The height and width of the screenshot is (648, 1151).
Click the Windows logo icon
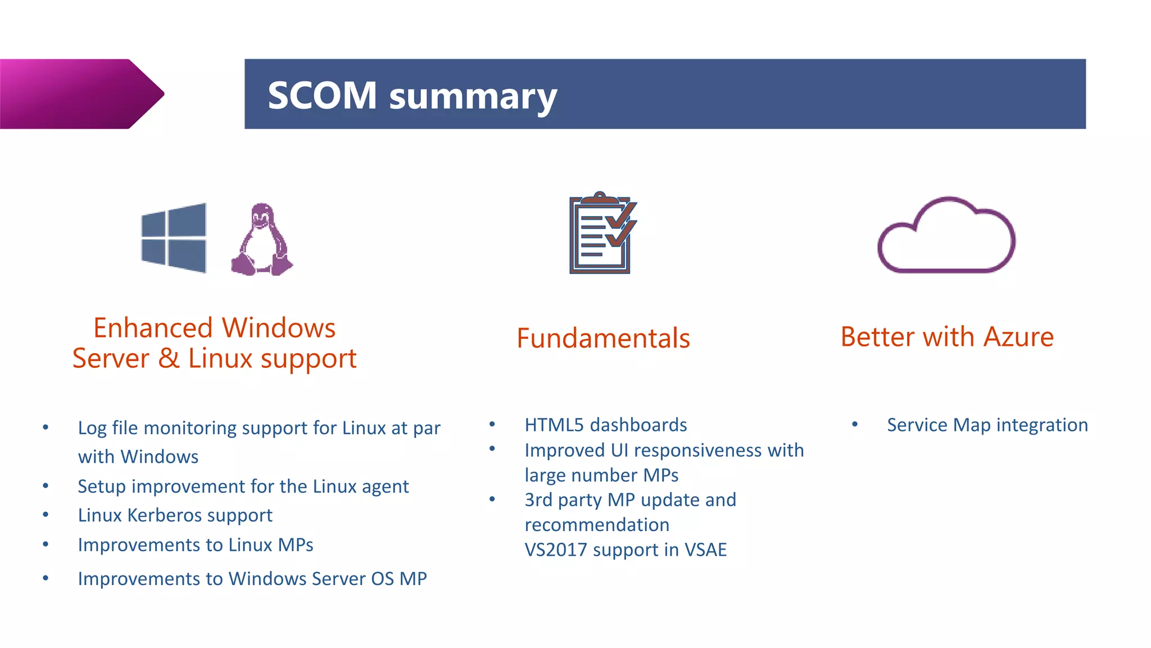[174, 238]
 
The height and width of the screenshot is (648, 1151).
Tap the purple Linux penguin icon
[261, 240]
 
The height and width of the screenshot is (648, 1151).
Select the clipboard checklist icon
[602, 233]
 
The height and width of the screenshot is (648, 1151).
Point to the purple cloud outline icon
[946, 236]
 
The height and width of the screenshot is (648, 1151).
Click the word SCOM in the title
[322, 95]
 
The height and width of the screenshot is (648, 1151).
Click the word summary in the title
[473, 97]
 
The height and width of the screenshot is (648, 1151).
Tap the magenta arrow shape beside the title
[79, 94]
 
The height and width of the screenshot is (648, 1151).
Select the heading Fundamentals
[603, 338]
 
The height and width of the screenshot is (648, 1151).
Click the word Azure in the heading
[1018, 337]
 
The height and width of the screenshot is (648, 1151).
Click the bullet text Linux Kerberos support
[175, 515]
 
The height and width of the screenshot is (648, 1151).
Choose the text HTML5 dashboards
[605, 425]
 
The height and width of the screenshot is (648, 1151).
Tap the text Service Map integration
[987, 425]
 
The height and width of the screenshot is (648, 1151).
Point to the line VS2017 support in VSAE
[626, 550]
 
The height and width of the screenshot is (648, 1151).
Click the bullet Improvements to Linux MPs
[195, 544]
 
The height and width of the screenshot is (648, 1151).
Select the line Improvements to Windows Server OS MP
[252, 578]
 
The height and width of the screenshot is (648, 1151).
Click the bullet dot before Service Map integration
[854, 424]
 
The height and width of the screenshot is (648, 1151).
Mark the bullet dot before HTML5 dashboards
[492, 424]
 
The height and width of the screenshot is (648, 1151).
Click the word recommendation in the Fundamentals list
[597, 525]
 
